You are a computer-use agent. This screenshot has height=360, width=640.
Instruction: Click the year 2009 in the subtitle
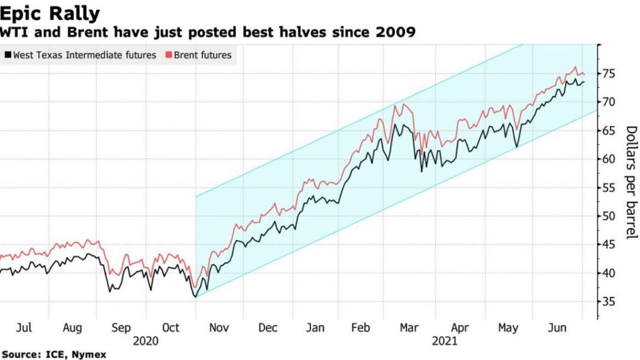pyautogui.click(x=398, y=31)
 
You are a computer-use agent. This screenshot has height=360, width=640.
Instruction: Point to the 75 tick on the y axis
pyautogui.click(x=611, y=74)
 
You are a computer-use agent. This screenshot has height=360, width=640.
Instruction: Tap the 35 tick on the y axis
pyautogui.click(x=611, y=302)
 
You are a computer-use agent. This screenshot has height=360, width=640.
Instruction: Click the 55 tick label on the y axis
pyautogui.click(x=611, y=187)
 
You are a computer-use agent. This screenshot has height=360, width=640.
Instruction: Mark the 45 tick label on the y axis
pyautogui.click(x=611, y=245)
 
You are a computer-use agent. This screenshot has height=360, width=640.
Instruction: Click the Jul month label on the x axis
pyautogui.click(x=23, y=327)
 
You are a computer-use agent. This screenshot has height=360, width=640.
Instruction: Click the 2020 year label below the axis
pyautogui.click(x=146, y=341)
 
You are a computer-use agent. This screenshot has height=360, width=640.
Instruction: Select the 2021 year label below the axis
pyautogui.click(x=445, y=341)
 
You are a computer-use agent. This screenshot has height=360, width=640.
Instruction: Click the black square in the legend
pyautogui.click(x=7, y=55)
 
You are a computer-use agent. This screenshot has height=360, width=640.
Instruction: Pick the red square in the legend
pyautogui.click(x=169, y=55)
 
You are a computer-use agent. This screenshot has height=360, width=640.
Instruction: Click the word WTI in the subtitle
pyautogui.click(x=14, y=31)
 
